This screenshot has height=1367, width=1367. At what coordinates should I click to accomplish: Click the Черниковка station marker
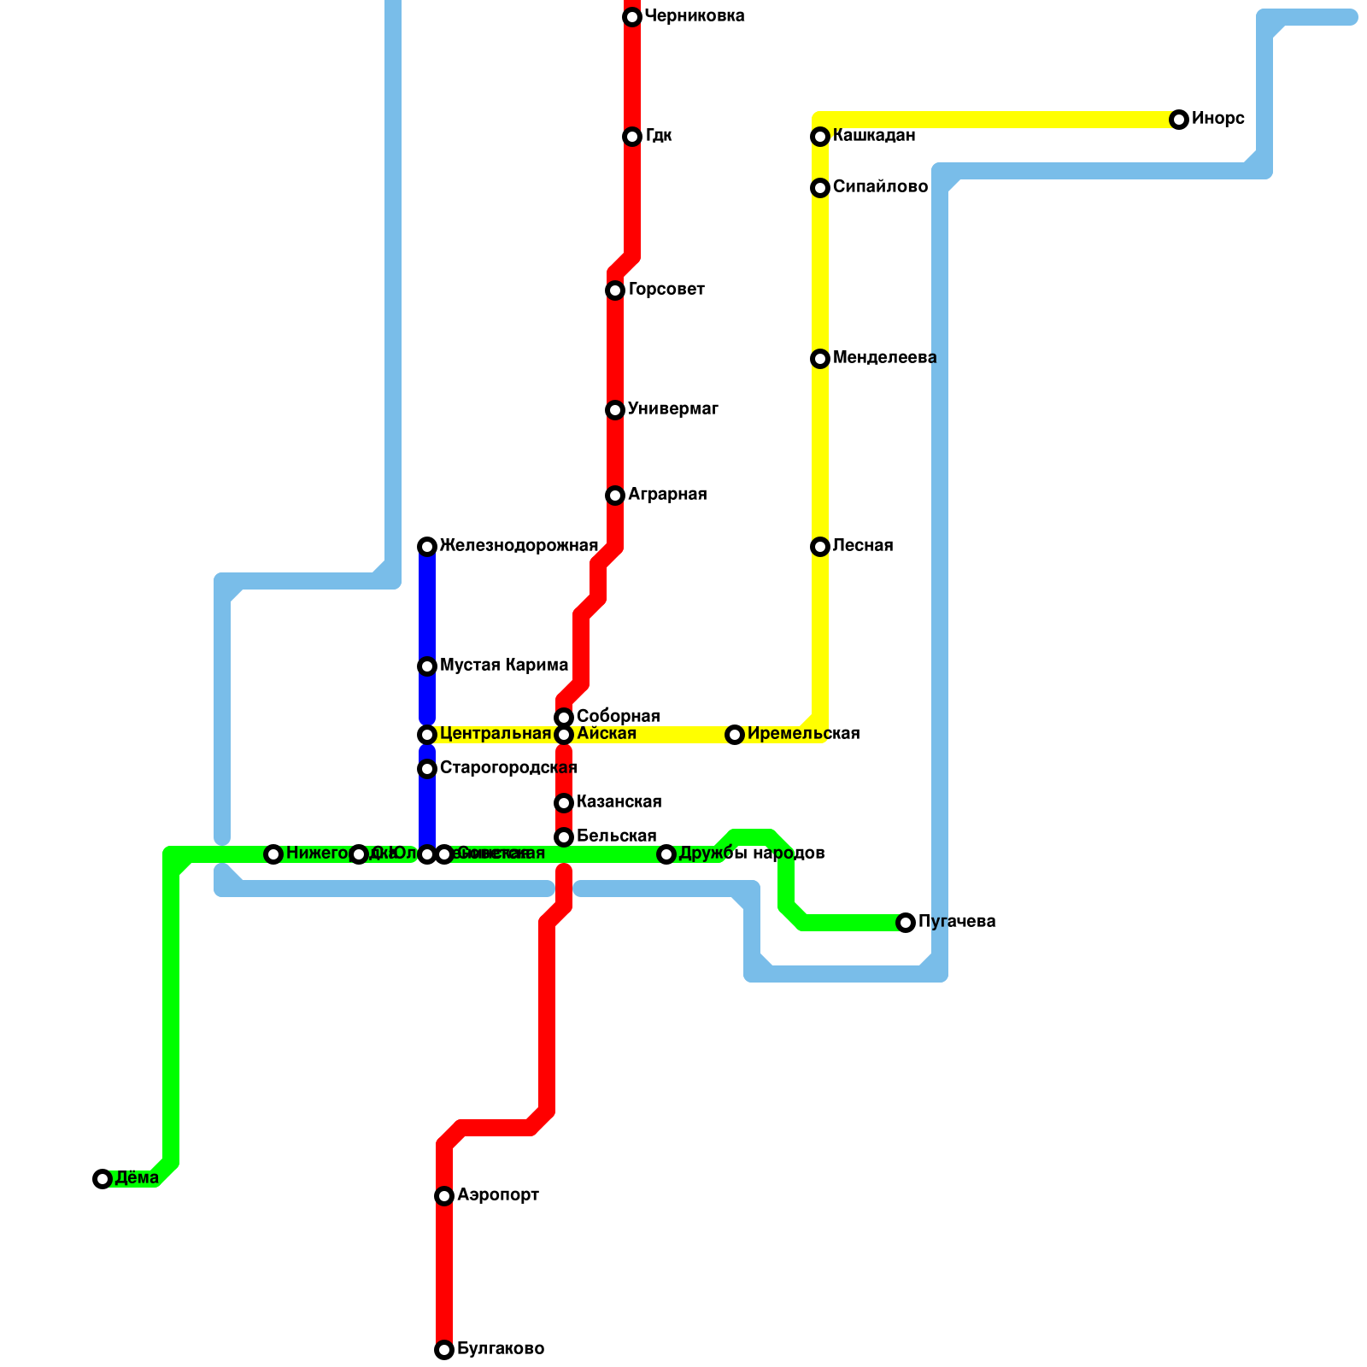point(632,17)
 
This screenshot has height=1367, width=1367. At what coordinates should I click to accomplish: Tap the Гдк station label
point(658,136)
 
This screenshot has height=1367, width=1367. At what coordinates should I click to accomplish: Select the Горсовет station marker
point(615,290)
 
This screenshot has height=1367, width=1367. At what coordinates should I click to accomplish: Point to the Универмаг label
point(672,409)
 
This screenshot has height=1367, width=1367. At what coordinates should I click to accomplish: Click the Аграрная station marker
point(615,496)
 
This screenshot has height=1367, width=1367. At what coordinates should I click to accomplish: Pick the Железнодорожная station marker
point(427,547)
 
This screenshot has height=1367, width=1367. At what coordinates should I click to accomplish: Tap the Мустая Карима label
point(503,666)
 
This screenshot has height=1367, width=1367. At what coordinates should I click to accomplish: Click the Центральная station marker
point(427,735)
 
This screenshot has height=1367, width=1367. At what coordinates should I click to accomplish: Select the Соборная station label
point(618,716)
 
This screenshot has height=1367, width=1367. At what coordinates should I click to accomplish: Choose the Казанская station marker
point(564,803)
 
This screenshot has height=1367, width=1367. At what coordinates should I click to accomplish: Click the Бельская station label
point(616,836)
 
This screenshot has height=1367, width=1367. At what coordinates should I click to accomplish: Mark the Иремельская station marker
point(735,735)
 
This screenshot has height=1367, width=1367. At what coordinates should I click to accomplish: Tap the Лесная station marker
point(820,547)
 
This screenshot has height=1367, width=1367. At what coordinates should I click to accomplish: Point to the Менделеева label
point(884,358)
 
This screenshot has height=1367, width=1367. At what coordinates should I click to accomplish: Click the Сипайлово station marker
point(820,188)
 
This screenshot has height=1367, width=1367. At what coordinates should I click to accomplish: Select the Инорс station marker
point(1179,120)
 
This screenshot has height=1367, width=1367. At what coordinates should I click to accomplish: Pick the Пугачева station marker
point(906,923)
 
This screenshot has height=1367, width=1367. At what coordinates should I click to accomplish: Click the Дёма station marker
point(103,1179)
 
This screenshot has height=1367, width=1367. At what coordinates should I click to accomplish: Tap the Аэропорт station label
point(497,1195)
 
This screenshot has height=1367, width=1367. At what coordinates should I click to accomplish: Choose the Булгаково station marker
point(444,1350)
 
